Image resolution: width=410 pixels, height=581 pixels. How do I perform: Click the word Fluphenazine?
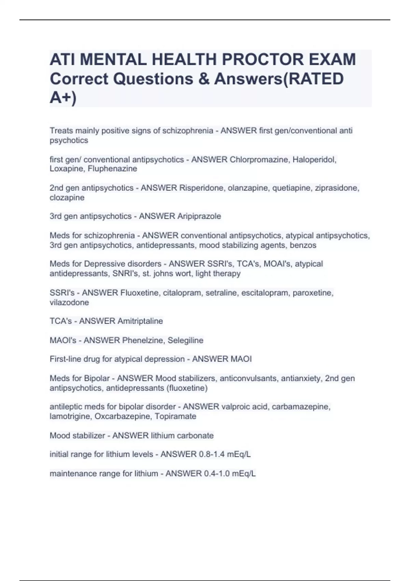[112, 169]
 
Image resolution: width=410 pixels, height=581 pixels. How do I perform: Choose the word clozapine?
[67, 198]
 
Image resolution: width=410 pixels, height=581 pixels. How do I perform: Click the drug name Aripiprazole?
[199, 216]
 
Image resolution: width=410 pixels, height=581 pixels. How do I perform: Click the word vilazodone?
[69, 302]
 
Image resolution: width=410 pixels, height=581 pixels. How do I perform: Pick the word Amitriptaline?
[140, 321]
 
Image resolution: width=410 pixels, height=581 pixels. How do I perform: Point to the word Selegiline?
[186, 340]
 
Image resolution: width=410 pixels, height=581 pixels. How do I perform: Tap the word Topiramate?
[175, 416]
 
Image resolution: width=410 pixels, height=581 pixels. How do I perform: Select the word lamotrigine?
[70, 416]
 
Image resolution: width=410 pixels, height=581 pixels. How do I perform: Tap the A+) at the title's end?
[63, 98]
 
